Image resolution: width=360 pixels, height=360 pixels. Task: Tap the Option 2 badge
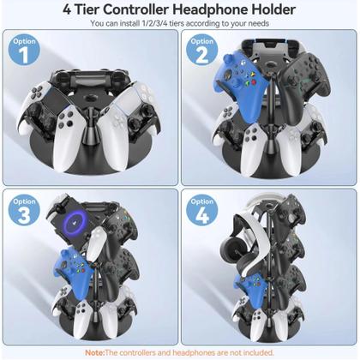pyautogui.click(x=203, y=51)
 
